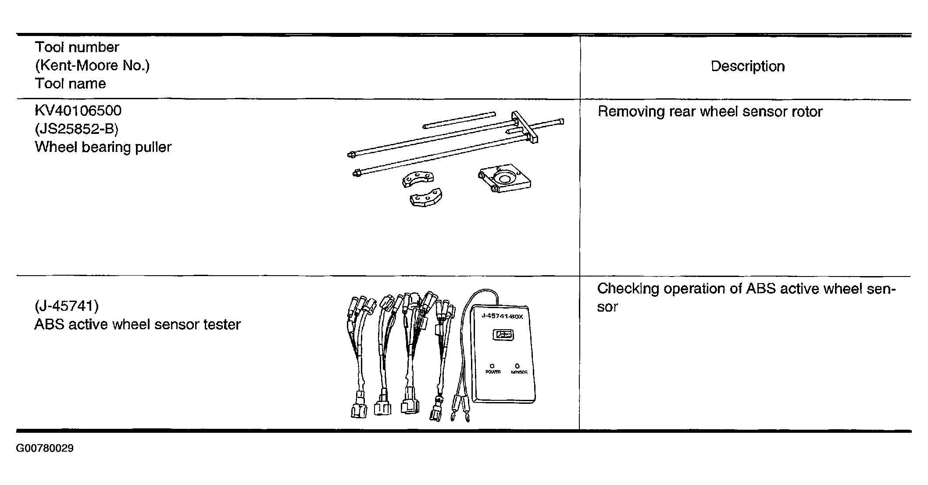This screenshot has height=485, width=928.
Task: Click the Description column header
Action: (x=747, y=66)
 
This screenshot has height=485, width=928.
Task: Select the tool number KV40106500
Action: (x=78, y=111)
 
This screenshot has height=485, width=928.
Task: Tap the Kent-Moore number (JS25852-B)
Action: (x=76, y=129)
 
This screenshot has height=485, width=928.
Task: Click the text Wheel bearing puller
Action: (x=103, y=147)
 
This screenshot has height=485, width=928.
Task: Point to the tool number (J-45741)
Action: (x=66, y=305)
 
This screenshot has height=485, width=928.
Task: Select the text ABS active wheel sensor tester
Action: (x=137, y=324)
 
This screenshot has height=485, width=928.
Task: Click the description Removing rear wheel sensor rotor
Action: (x=710, y=111)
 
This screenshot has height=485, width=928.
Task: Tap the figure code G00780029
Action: (x=45, y=448)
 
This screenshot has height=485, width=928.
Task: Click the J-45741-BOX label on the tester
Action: (x=502, y=316)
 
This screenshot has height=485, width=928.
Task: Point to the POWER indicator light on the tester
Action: (x=492, y=366)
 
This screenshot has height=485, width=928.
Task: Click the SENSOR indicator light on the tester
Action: (x=518, y=366)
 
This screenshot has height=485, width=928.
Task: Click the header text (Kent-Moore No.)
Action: (x=92, y=65)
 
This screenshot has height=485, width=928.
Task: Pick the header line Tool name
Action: (x=70, y=83)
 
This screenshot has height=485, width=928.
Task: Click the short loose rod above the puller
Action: (x=459, y=120)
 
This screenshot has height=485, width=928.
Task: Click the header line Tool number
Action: (x=77, y=47)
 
